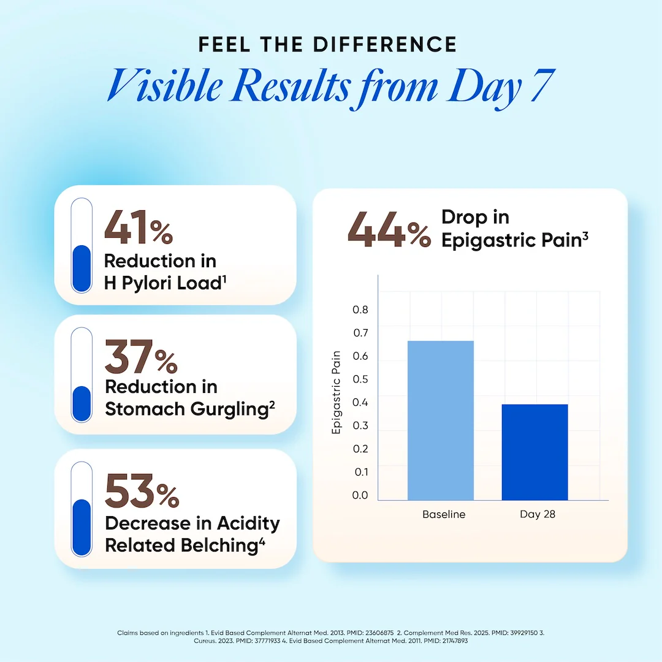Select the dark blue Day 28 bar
[x=535, y=452]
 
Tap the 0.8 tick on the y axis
[x=360, y=310]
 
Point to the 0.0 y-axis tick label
[x=360, y=495]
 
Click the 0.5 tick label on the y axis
[x=360, y=379]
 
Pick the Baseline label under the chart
[x=444, y=514]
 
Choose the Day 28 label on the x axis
[x=538, y=514]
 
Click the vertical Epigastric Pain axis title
[x=336, y=393]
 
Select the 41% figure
[x=139, y=229]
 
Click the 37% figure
[x=141, y=357]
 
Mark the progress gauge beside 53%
[x=82, y=508]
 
